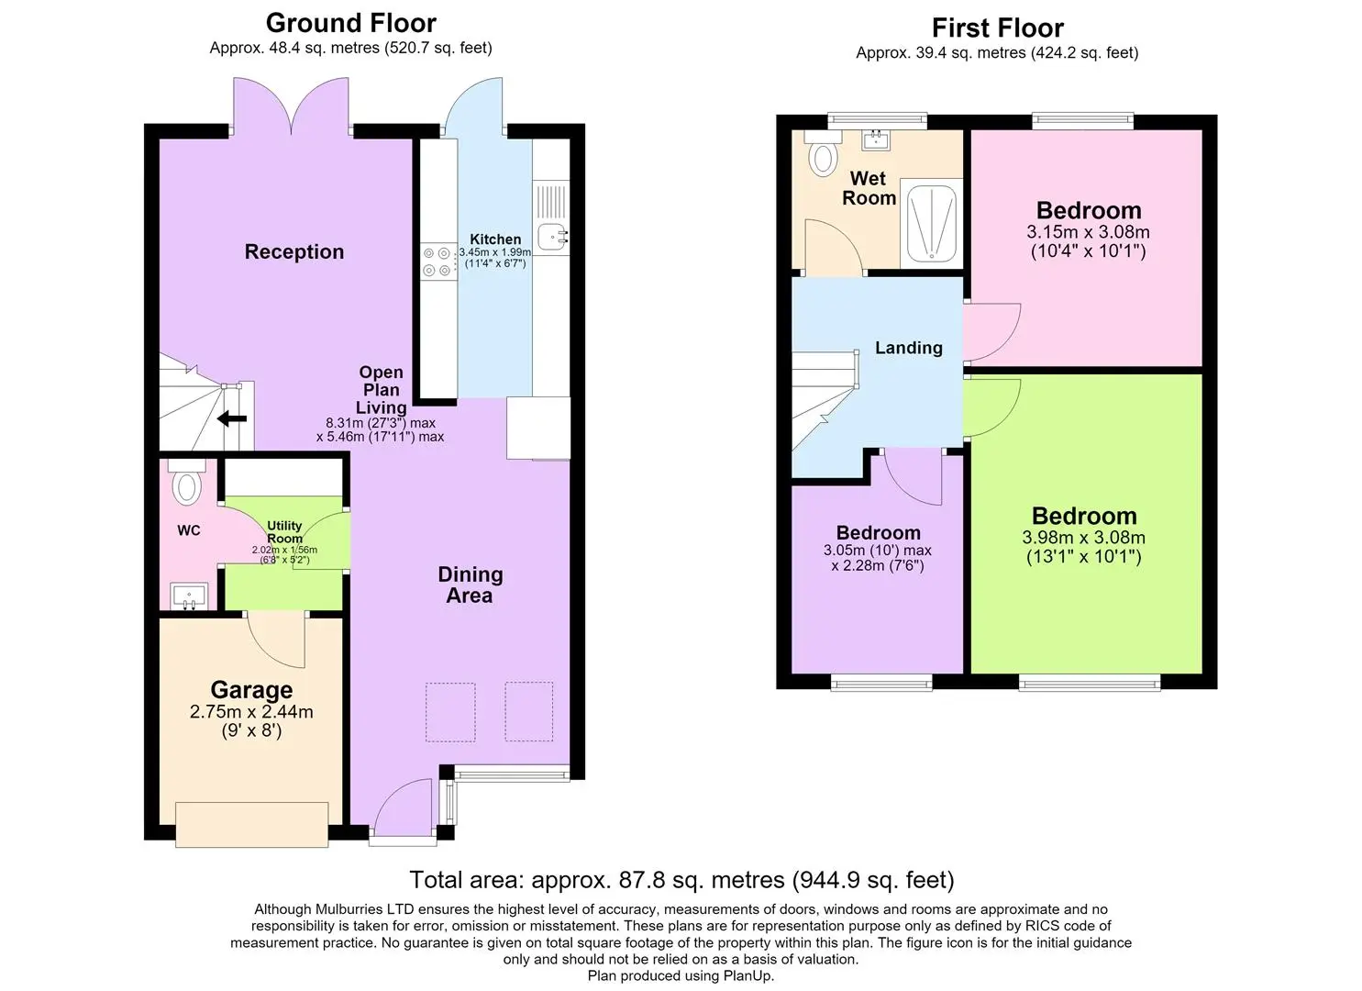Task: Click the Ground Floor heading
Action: [x=351, y=23]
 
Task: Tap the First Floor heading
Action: [x=998, y=28]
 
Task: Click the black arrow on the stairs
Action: [x=232, y=418]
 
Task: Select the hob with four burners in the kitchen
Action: [x=437, y=262]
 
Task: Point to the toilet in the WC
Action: [x=187, y=481]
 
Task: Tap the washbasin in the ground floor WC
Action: [x=189, y=596]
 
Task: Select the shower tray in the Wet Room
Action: [x=931, y=223]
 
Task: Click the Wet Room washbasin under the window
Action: [x=876, y=139]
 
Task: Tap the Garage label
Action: [x=251, y=690]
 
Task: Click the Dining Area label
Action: [x=470, y=585]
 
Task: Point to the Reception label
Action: [x=294, y=251]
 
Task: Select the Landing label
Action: [x=909, y=348]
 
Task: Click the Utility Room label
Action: [x=284, y=531]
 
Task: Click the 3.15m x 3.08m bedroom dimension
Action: [x=1088, y=232]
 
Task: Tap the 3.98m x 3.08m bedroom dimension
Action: [x=1083, y=537]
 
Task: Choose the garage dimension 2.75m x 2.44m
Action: [x=251, y=711]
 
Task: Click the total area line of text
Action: [x=681, y=880]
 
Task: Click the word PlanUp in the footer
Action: [x=747, y=975]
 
